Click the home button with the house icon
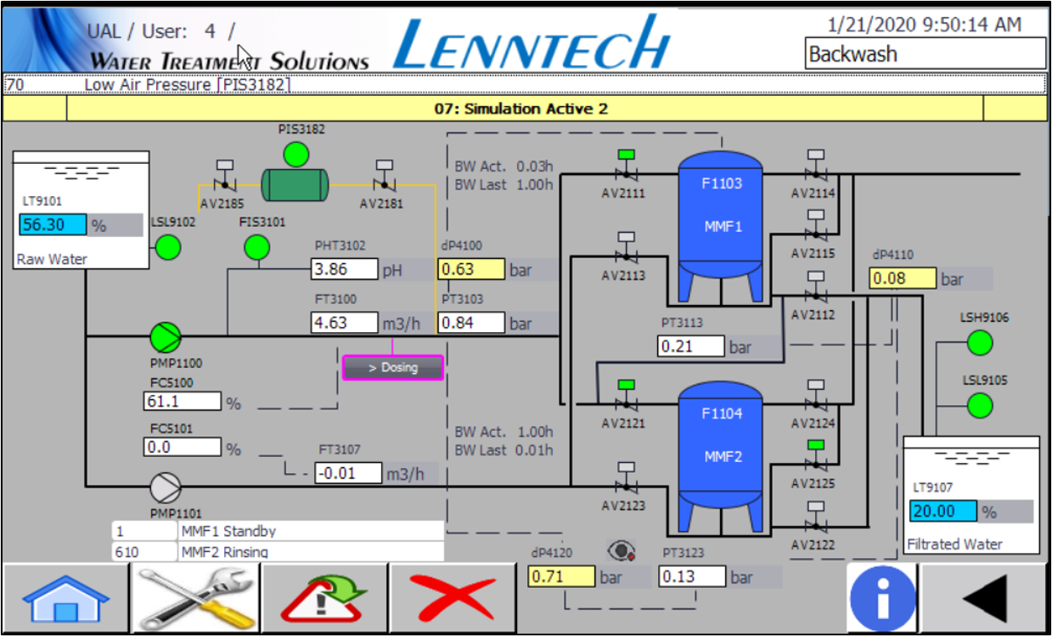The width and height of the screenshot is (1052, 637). click(x=65, y=599)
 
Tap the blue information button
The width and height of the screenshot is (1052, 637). click(x=882, y=599)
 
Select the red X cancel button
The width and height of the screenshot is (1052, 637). click(x=453, y=599)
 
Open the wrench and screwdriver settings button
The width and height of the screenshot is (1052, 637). click(x=195, y=599)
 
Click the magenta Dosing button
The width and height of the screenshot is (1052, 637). click(x=393, y=368)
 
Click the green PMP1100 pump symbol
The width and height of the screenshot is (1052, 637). click(x=166, y=337)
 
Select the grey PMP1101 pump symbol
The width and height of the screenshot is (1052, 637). click(x=166, y=488)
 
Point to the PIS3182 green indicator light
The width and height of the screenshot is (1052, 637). click(x=296, y=155)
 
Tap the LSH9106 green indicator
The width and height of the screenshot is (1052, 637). click(x=980, y=343)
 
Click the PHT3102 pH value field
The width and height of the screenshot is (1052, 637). click(x=344, y=269)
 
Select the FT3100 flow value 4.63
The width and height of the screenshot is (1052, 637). click(x=344, y=323)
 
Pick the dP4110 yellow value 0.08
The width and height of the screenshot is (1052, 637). click(x=903, y=278)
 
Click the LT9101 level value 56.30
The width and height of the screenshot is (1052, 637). click(x=53, y=224)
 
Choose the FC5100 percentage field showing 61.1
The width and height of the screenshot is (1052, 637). click(x=183, y=401)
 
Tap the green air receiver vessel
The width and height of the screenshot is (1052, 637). click(x=295, y=185)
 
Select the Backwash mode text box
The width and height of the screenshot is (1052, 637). click(x=925, y=54)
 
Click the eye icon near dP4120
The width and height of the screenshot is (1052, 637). click(x=622, y=550)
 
